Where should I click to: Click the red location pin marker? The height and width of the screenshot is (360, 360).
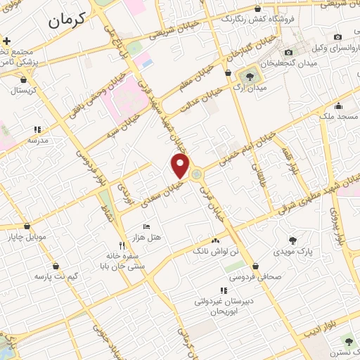[x=181, y=165]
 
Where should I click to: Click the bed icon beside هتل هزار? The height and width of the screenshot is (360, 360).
[x=146, y=226]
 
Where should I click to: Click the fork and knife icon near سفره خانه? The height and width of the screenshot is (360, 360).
[x=122, y=245]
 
